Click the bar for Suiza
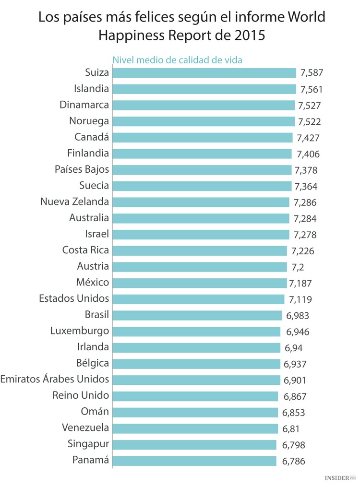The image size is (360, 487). point(204,73)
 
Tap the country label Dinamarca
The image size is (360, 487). point(84,105)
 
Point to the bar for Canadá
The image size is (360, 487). point(202,138)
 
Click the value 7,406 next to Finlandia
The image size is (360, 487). point(308,154)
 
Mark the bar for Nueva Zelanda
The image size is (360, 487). point(201,202)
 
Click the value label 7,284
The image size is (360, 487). point(305,219)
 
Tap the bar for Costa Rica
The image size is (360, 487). point(199,251)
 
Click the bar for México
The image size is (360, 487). point(199,283)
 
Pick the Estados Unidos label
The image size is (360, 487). point(74,298)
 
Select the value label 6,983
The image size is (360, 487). point(298,315)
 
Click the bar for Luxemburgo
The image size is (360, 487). point(196,332)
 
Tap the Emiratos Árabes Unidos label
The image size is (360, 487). point(55,379)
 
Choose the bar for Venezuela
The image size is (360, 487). point(194,428)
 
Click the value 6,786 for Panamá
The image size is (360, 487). point(294,461)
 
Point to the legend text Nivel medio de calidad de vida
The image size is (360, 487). point(177,60)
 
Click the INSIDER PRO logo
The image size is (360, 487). point(340,478)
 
